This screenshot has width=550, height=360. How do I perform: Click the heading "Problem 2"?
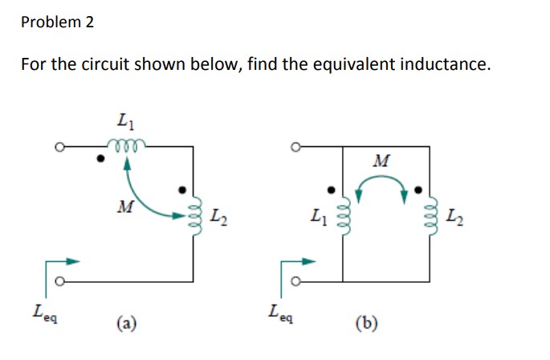point(57,22)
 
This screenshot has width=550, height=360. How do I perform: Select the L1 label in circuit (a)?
point(124,123)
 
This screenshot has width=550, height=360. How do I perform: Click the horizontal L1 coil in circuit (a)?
point(128,146)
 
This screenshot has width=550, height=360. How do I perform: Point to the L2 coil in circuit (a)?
point(192,215)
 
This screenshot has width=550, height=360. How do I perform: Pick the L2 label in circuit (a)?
point(217,215)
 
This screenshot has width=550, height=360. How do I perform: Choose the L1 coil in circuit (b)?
point(344,215)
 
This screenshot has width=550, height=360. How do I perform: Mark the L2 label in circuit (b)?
point(454,215)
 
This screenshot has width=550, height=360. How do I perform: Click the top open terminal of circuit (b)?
point(297,147)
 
